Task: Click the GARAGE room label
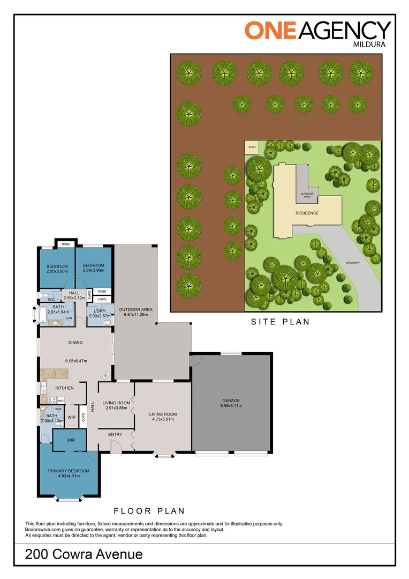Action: (x=231, y=400)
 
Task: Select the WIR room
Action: (x=71, y=440)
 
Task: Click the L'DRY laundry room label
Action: (x=100, y=311)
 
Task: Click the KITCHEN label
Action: (x=64, y=388)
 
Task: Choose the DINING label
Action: (x=75, y=342)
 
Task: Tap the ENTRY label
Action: (x=115, y=434)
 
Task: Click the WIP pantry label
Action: (x=71, y=417)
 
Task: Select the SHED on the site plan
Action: (x=251, y=147)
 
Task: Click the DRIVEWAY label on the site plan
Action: (x=353, y=263)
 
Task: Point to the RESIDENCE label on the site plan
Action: (x=307, y=213)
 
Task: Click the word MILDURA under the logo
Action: (x=373, y=44)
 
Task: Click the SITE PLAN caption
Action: (x=281, y=322)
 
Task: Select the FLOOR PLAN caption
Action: (x=149, y=511)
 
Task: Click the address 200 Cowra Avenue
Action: (x=84, y=554)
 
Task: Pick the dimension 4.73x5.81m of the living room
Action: (x=163, y=420)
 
